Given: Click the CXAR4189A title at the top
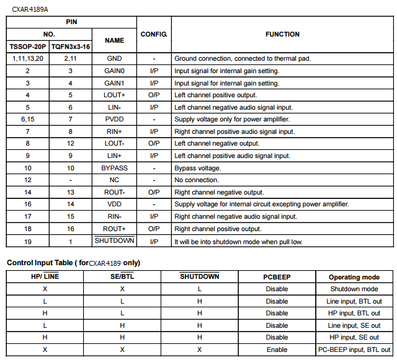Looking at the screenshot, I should [x=30, y=8].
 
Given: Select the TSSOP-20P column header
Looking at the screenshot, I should [x=27, y=46].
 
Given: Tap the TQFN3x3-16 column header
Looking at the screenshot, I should [x=71, y=46].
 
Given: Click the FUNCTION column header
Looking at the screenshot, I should [x=282, y=35].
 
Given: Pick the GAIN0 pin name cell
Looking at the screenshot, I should [x=114, y=71].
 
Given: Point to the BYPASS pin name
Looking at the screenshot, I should [x=114, y=168].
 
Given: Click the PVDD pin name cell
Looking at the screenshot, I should [x=114, y=120].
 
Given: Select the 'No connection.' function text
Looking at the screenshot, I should [x=197, y=180].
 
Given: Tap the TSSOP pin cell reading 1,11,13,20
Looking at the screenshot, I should [x=28, y=59].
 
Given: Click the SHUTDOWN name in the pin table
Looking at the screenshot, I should [x=114, y=241].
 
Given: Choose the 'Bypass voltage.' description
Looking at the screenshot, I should [x=197, y=168].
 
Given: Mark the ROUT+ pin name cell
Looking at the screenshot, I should [x=114, y=229].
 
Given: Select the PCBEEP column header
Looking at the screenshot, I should [x=277, y=277].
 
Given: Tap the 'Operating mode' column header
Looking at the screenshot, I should [x=354, y=277].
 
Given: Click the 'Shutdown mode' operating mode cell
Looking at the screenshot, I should [x=354, y=289].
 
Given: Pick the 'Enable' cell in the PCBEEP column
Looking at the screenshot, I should [x=277, y=349].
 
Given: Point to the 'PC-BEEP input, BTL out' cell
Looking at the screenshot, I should [x=354, y=349].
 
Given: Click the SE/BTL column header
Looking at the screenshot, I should [x=122, y=277].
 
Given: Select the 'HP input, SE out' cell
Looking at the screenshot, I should [x=354, y=338].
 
